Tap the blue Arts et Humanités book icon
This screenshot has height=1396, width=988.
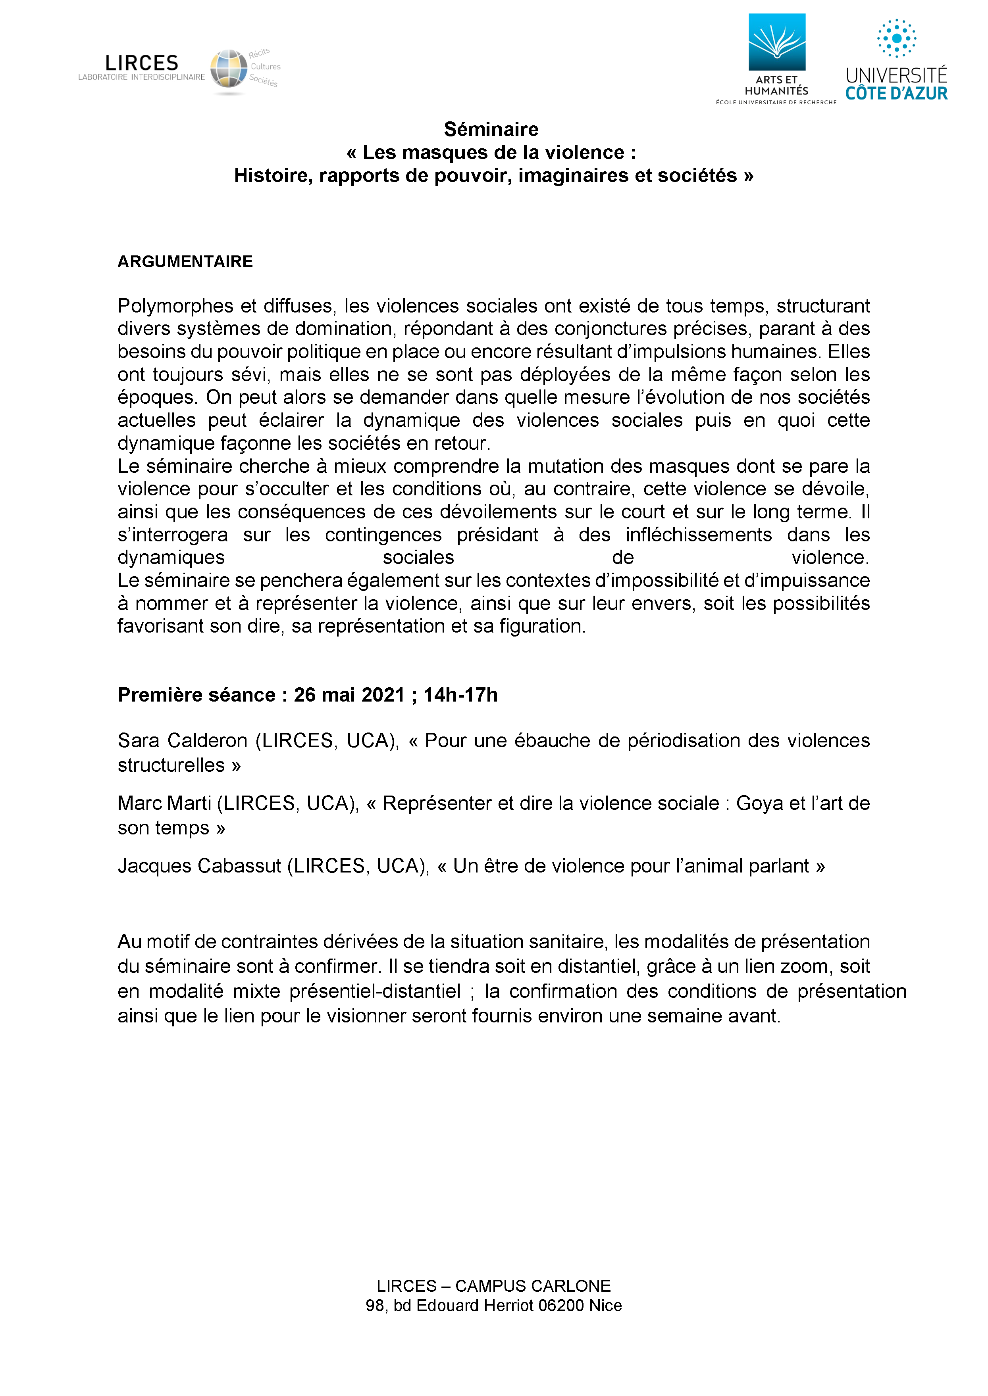coord(776,42)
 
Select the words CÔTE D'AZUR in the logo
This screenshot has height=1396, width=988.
coord(896,94)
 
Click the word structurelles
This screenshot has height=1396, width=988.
coord(171,765)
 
